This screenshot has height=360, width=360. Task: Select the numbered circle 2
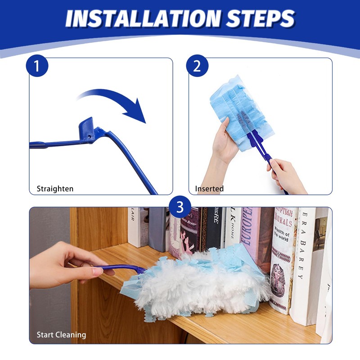[197, 66]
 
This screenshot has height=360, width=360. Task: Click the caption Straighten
[55, 189]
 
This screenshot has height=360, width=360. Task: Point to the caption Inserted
[209, 189]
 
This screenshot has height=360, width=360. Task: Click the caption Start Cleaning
[61, 335]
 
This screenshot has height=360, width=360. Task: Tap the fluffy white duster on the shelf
[198, 283]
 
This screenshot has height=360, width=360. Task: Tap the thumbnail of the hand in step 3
[98, 271]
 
